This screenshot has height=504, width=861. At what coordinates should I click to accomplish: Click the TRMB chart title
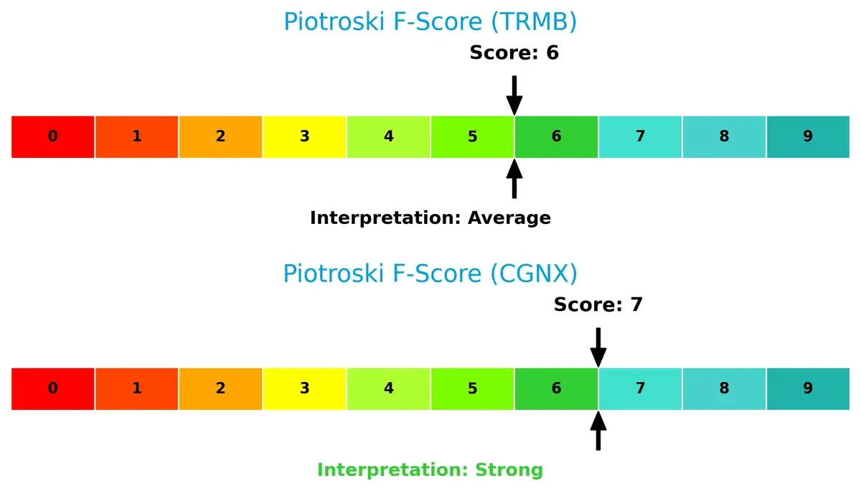point(430,22)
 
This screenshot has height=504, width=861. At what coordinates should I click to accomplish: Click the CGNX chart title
point(430,274)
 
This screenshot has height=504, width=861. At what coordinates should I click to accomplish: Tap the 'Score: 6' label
point(514,52)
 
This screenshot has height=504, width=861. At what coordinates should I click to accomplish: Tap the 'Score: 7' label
point(598,304)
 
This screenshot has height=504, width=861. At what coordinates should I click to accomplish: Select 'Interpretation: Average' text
point(430,218)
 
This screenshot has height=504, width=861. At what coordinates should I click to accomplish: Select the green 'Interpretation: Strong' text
point(430,470)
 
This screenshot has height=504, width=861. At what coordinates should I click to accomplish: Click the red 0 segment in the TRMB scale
point(53,136)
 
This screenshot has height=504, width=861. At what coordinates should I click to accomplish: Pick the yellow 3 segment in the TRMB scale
point(305,136)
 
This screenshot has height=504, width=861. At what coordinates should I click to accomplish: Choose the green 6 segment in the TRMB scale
point(556,136)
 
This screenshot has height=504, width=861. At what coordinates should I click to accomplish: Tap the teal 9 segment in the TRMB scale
point(808,136)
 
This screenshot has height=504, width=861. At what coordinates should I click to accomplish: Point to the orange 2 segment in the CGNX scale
point(221,388)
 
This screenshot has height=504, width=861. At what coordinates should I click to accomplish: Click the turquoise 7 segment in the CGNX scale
point(640,388)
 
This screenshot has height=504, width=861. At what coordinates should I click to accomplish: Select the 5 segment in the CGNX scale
point(472,388)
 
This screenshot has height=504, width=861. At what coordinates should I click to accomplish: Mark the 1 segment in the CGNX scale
point(137,388)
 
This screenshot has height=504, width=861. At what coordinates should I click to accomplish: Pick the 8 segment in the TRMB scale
point(724,136)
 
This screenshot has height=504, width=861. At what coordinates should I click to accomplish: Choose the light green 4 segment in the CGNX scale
point(389,388)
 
